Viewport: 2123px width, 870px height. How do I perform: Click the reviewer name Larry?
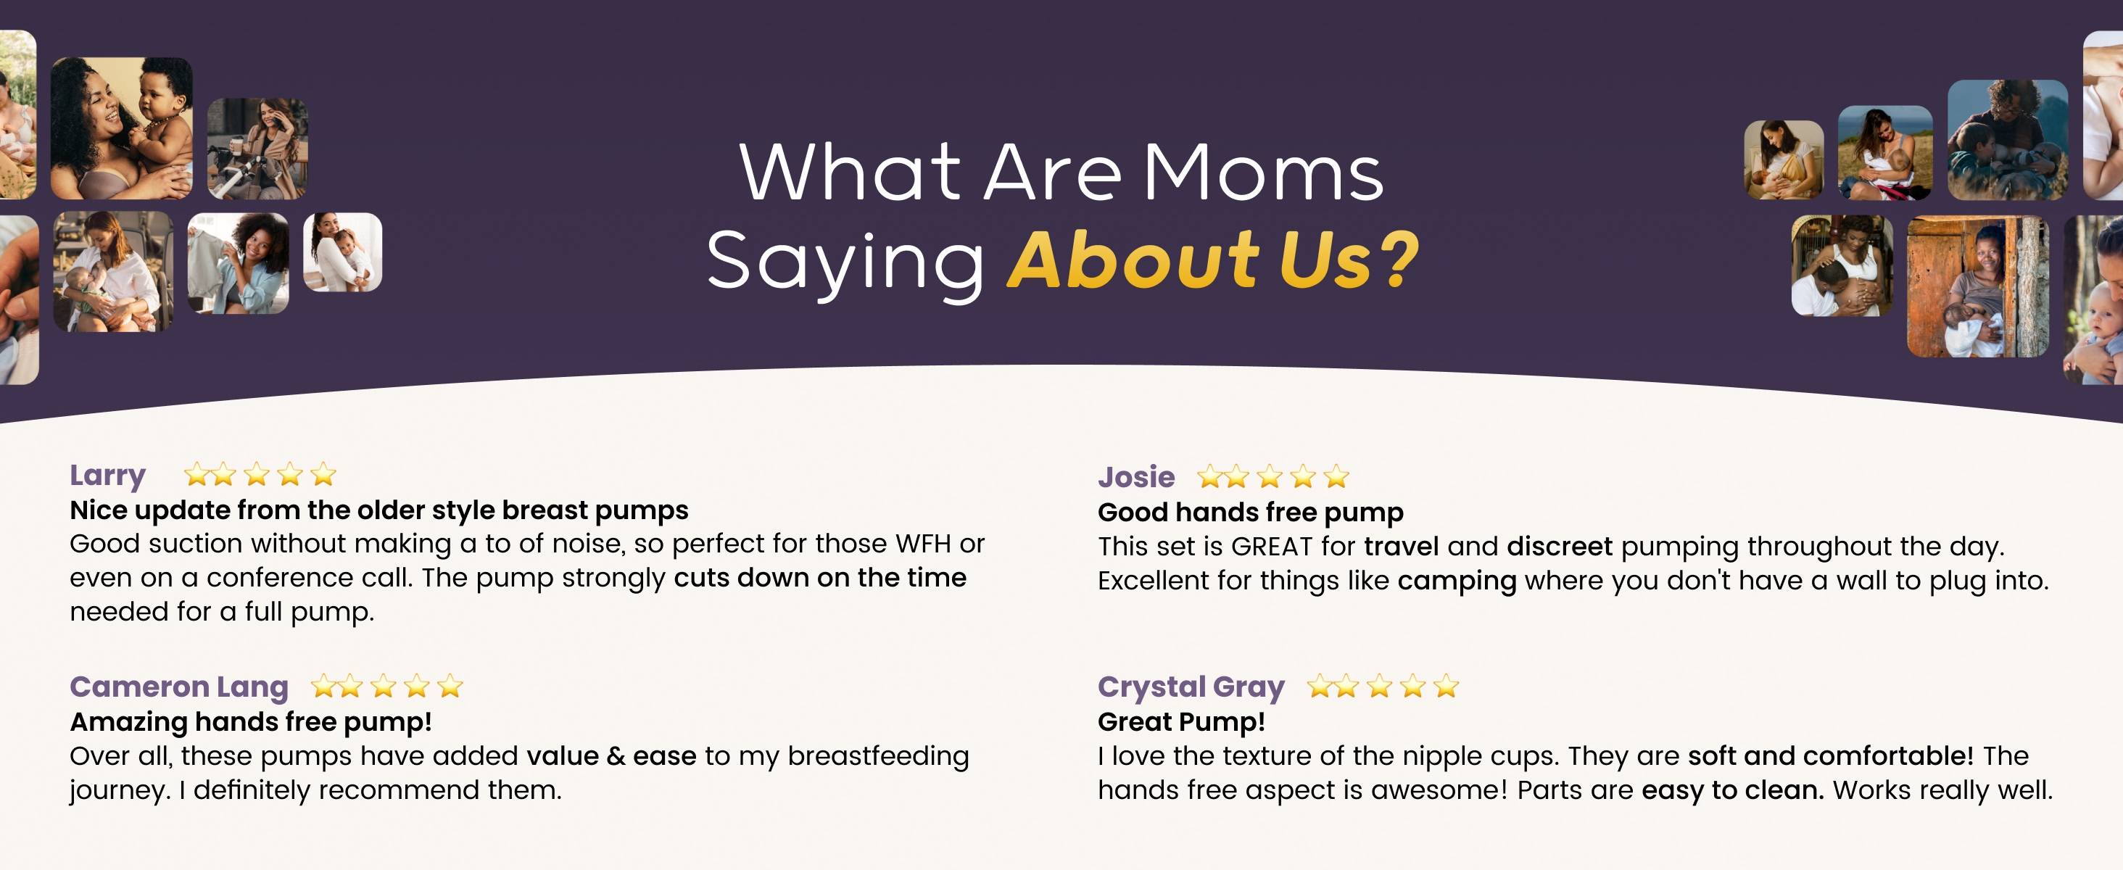tap(107, 476)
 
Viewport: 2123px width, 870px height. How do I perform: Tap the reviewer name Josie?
tap(1135, 477)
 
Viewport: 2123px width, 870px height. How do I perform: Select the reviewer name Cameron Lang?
tap(179, 687)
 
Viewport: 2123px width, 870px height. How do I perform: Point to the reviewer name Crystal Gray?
tap(1191, 687)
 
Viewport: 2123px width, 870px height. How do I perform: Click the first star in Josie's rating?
tap(1210, 476)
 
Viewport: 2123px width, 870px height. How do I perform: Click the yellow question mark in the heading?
tap(1398, 259)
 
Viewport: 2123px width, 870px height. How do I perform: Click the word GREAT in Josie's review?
tap(1272, 546)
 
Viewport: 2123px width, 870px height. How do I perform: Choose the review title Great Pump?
tap(1181, 721)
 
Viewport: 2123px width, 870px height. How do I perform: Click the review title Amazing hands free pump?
tap(251, 721)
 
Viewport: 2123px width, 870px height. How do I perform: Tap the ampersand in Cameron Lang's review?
tap(616, 756)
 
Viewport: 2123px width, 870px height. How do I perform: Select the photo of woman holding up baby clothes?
tap(238, 262)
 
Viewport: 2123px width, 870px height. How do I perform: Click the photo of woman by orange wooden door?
tap(1977, 286)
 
